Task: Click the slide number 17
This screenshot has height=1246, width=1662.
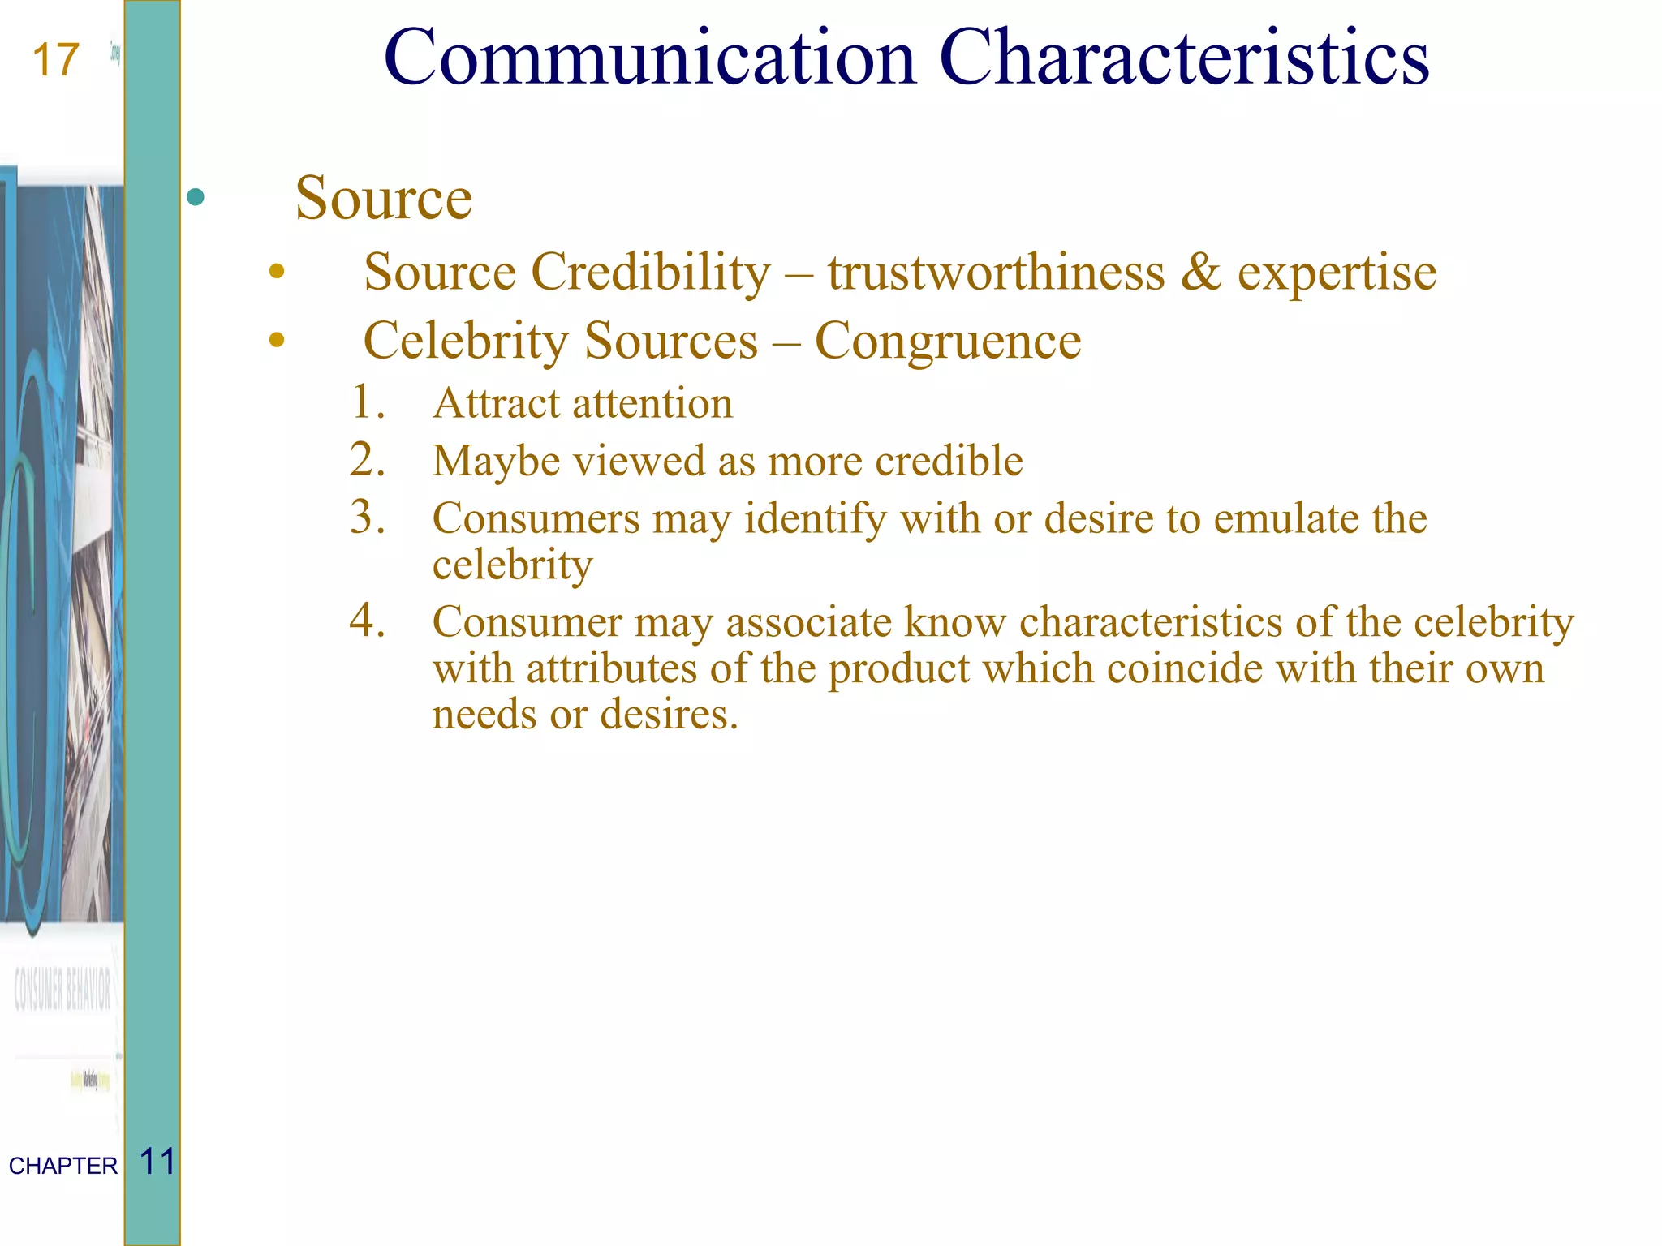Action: pos(56,61)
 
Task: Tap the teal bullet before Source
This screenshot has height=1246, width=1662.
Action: pos(196,197)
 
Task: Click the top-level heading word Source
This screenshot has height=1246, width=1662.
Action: pos(383,198)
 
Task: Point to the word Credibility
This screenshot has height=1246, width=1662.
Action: pos(650,272)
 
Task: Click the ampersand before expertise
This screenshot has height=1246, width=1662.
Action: pos(1200,272)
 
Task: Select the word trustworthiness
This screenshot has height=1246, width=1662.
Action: pos(996,272)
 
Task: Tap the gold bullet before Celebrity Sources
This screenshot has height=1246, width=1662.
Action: pos(277,340)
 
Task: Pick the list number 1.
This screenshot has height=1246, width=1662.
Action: pos(367,402)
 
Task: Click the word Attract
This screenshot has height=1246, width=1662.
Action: pos(497,403)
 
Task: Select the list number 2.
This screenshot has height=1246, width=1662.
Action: pos(367,460)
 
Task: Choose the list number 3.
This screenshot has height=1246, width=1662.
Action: pos(367,518)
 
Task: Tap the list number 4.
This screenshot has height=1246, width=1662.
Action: pos(367,621)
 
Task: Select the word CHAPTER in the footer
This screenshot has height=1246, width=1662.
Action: pos(63,1166)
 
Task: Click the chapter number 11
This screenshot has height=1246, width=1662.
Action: pos(157,1162)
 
